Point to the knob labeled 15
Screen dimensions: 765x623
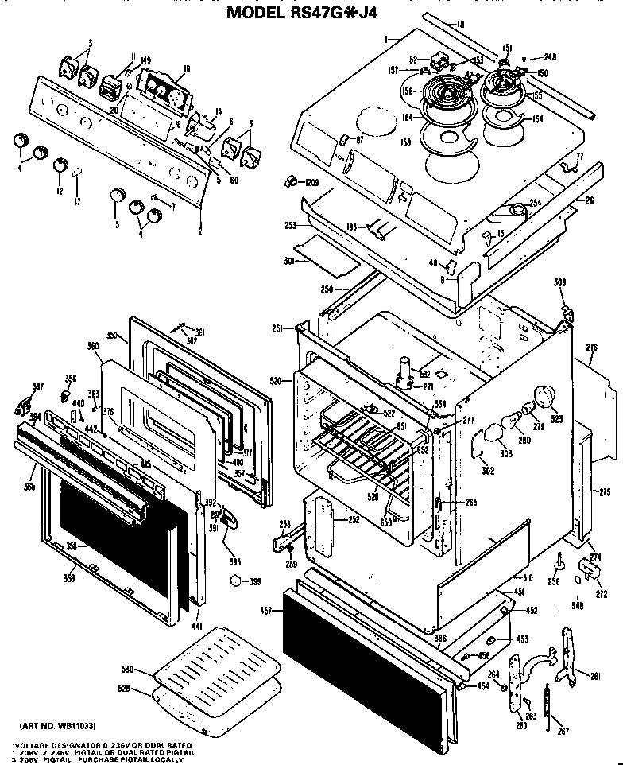tap(118, 195)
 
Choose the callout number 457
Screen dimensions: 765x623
tap(266, 611)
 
